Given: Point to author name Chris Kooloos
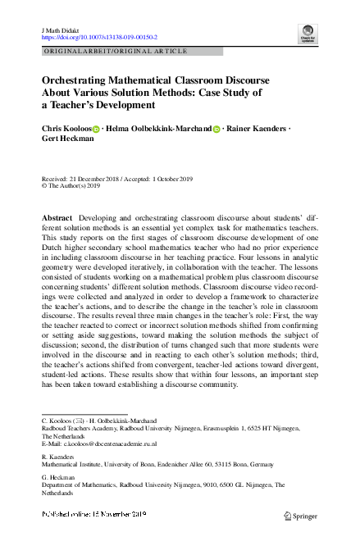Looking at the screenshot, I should pos(66,129).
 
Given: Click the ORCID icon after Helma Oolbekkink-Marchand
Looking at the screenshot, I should pos(217,130).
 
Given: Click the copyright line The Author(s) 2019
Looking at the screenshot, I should pos(75,186).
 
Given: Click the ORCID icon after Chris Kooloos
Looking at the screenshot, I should pos(95,130).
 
